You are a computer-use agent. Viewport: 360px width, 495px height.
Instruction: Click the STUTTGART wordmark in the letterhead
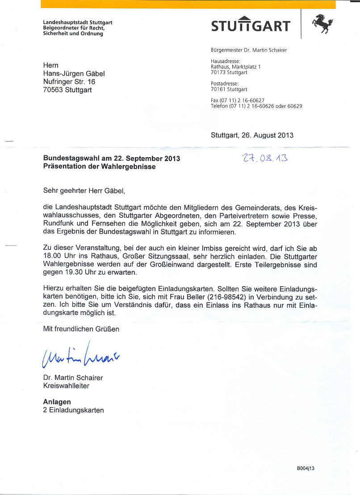pos(251,25)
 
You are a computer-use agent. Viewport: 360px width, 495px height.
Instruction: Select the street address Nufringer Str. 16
pos(69,82)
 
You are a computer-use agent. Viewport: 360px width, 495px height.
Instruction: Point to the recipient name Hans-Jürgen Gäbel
pos(74,74)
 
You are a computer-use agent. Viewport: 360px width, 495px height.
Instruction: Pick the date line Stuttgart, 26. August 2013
pos(252,135)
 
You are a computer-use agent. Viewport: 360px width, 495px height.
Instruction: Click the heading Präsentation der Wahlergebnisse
pos(99,166)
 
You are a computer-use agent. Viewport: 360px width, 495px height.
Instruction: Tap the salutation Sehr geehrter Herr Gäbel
pos(84,191)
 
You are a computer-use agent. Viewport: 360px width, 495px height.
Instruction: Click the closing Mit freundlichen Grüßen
pos(81,329)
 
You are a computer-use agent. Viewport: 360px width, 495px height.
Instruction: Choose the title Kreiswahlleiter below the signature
pos(66,386)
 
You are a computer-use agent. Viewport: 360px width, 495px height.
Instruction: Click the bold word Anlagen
pos(57,402)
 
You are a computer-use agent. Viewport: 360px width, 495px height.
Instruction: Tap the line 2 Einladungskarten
pos(73,410)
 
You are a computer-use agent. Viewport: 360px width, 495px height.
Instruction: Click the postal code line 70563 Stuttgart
pos(67,90)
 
